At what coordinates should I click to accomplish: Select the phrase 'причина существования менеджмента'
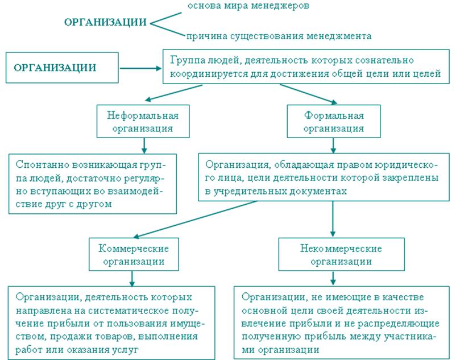(x=278, y=36)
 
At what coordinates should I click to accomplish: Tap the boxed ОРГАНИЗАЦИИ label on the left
(x=55, y=68)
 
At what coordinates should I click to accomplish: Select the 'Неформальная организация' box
(x=143, y=122)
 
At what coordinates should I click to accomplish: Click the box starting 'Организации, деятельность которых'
(x=111, y=323)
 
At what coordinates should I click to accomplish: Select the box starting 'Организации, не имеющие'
(x=341, y=323)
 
